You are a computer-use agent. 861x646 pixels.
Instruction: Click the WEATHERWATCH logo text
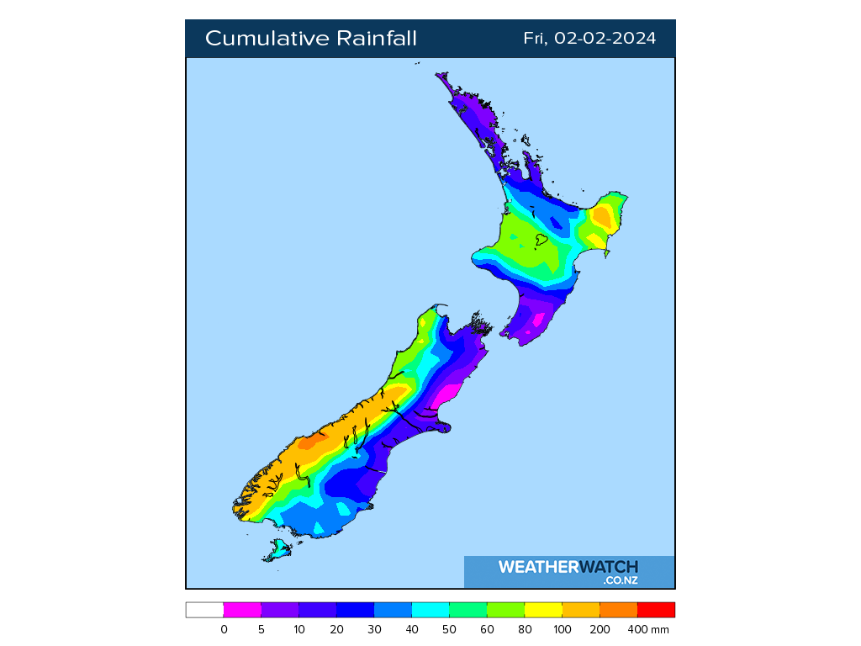568,567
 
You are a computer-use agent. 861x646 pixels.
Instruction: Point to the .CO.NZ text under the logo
620,580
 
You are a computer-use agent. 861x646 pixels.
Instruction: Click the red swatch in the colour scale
656,610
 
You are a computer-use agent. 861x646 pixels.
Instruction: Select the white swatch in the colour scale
204,610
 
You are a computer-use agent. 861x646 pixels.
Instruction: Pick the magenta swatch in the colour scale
242,610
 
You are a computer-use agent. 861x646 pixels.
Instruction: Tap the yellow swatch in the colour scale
543,610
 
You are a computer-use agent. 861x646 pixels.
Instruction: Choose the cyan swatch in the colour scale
430,610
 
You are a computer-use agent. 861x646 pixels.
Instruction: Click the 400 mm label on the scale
652,629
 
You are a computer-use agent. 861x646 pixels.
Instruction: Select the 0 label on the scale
224,629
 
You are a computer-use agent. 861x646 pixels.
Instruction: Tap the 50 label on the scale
449,629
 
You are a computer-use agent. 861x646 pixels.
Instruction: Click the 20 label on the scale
336,629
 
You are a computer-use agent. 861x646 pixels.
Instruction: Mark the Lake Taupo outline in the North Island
541,241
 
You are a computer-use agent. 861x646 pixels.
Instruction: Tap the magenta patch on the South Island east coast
444,396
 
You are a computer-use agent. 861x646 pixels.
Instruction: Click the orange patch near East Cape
602,218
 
